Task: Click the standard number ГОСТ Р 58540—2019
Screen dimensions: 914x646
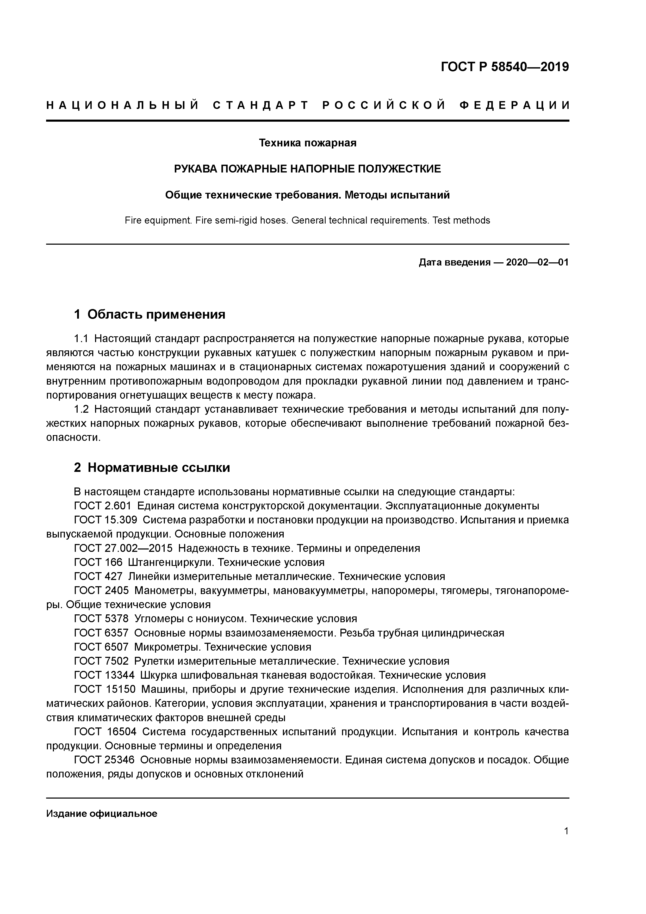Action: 505,67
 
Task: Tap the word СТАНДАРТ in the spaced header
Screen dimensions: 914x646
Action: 261,106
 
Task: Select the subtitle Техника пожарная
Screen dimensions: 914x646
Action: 307,143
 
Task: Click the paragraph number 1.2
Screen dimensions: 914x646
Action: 82,409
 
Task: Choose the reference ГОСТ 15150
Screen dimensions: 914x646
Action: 105,689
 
